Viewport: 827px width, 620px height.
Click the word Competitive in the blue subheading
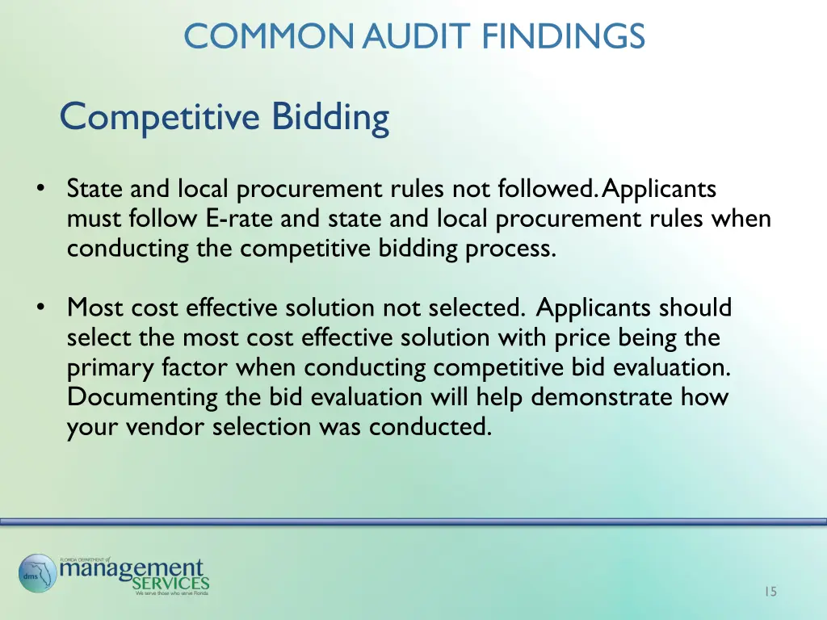[159, 117]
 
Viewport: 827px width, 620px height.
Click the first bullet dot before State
[40, 189]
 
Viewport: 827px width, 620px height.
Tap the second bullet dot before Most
[40, 308]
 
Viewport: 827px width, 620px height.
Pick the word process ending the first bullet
[510, 249]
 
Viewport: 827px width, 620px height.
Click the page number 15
[770, 592]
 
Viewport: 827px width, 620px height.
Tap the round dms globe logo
[37, 572]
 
